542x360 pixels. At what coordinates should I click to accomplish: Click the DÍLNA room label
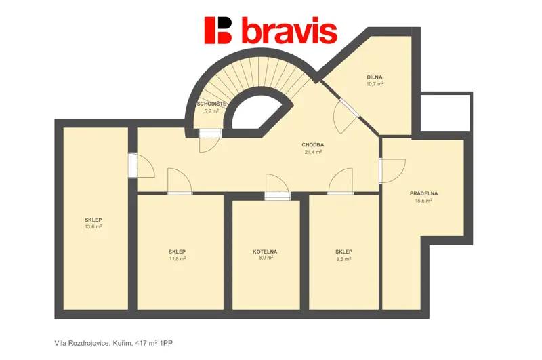tap(375, 77)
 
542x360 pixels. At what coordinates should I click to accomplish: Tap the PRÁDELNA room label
tap(424, 194)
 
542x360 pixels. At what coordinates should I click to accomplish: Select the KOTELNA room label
tap(265, 252)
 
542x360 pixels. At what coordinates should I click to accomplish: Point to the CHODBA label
tap(313, 145)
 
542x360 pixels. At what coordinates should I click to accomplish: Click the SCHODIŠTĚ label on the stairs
tap(211, 104)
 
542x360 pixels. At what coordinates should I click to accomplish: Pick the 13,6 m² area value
tap(93, 227)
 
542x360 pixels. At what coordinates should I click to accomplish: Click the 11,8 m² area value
tap(178, 259)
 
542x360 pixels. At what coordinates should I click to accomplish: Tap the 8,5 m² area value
tap(344, 259)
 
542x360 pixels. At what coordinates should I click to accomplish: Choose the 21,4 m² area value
tap(313, 152)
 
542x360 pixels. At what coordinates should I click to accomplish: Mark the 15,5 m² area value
tap(424, 201)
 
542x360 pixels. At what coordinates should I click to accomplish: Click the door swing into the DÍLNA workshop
tap(346, 116)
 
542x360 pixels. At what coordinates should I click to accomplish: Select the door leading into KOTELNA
tap(277, 186)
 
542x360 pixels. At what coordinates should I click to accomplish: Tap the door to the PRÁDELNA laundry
tap(392, 171)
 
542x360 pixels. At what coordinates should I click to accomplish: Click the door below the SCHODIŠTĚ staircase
tap(209, 141)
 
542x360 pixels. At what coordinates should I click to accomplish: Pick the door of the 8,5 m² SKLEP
tap(341, 181)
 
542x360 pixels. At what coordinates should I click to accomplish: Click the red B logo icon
tap(218, 31)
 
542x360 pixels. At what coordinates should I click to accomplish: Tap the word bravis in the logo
tap(290, 31)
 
